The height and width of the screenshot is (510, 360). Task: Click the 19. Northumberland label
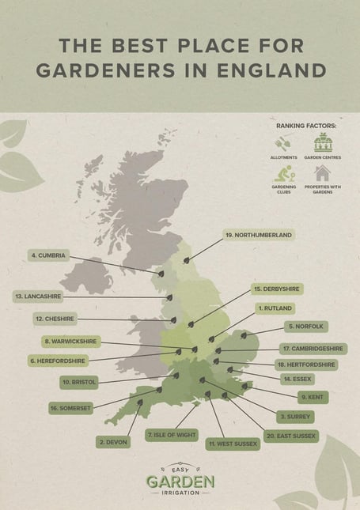(259, 235)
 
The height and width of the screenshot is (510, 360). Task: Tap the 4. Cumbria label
(48, 255)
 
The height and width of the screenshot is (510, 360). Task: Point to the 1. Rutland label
(275, 308)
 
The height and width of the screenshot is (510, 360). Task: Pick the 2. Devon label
(112, 441)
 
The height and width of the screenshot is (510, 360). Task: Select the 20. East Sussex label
(291, 436)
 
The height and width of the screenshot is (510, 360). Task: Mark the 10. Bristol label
(79, 382)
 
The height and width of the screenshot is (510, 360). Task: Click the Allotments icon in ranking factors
(282, 144)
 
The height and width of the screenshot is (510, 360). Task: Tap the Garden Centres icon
(322, 143)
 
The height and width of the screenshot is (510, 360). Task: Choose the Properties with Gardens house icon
(322, 173)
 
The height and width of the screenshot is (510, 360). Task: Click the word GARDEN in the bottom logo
(180, 481)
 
